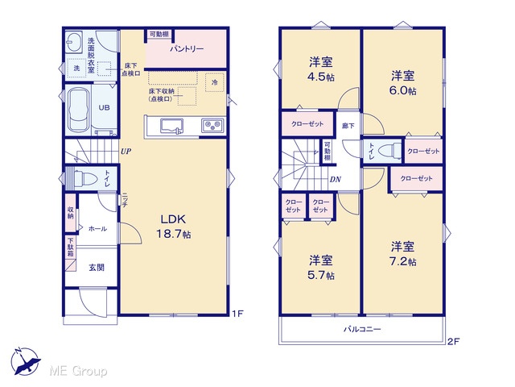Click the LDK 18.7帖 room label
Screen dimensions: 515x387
click(x=174, y=227)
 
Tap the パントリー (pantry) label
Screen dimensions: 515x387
click(x=187, y=49)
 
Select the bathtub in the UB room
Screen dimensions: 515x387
click(x=79, y=110)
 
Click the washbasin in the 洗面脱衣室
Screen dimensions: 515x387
click(x=73, y=42)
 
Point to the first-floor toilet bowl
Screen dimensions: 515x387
click(x=85, y=179)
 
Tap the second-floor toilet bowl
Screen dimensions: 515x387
click(x=389, y=151)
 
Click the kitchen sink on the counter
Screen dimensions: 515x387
click(x=171, y=127)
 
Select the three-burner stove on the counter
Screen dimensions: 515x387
click(x=212, y=126)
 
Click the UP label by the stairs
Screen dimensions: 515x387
click(x=126, y=152)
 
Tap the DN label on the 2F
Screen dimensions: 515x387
click(x=335, y=179)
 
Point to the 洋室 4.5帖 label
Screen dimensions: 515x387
click(x=321, y=69)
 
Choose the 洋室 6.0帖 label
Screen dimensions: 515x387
click(x=402, y=83)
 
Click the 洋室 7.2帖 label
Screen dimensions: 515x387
click(x=402, y=254)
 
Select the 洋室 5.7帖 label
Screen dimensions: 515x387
click(x=321, y=268)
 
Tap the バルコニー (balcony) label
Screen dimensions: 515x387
click(x=362, y=329)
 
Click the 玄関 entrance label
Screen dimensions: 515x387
click(x=97, y=267)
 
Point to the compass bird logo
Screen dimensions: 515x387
click(x=25, y=361)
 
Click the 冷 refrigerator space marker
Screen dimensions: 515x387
click(x=215, y=82)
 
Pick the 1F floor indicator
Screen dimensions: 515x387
click(x=237, y=314)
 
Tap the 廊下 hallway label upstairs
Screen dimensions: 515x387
click(x=348, y=126)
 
